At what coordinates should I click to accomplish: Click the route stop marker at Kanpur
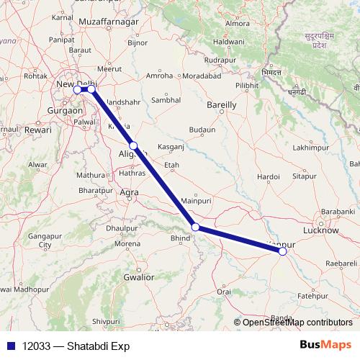pyautogui.click(x=282, y=251)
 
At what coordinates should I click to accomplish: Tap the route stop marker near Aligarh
pyautogui.click(x=133, y=145)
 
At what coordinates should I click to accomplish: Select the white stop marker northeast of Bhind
pyautogui.click(x=195, y=228)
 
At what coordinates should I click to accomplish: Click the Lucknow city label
pyautogui.click(x=321, y=230)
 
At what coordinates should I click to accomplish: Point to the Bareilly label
pyautogui.click(x=221, y=105)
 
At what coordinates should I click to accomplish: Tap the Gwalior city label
pyautogui.click(x=139, y=276)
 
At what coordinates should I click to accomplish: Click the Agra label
pyautogui.click(x=130, y=192)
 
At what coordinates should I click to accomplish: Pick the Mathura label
pyautogui.click(x=91, y=174)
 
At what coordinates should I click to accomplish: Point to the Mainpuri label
pyautogui.click(x=194, y=200)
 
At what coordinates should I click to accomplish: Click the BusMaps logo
pyautogui.click(x=325, y=345)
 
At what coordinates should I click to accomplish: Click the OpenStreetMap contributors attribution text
pyautogui.click(x=297, y=322)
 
